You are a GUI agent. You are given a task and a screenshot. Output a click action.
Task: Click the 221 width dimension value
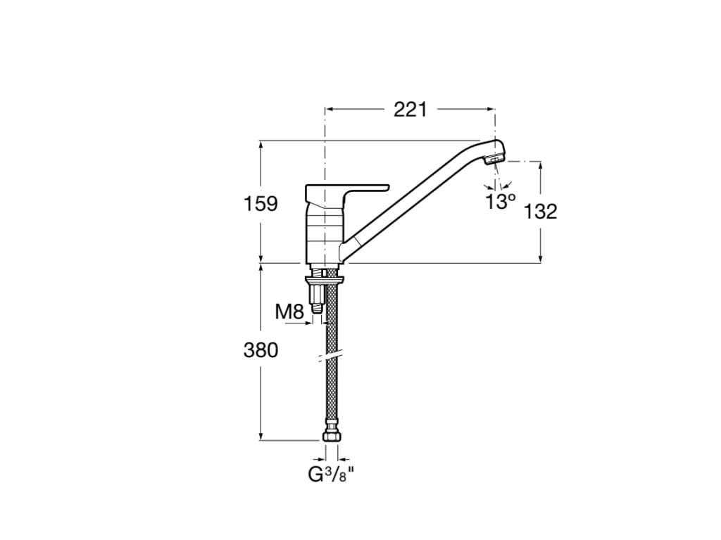[x=410, y=109]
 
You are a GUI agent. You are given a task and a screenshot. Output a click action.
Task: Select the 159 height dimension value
[x=261, y=204]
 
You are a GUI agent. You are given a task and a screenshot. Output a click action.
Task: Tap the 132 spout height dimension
[x=541, y=211]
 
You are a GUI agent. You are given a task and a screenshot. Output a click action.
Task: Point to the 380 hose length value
[x=261, y=349]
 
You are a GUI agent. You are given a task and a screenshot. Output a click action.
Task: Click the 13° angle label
[x=500, y=202]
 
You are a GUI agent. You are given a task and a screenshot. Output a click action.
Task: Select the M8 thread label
[x=289, y=311]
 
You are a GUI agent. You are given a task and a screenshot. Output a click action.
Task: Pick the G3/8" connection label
[x=330, y=475]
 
